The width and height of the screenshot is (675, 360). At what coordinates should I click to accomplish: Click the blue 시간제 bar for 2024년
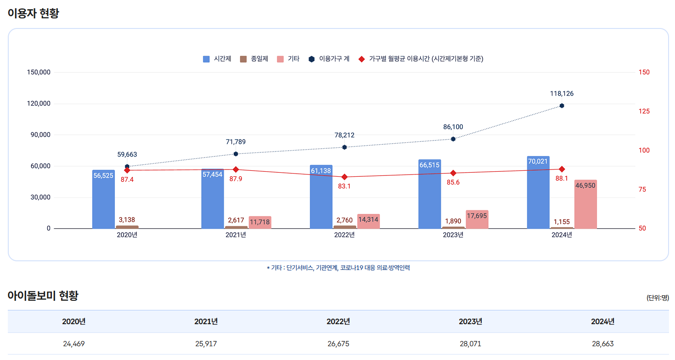[538, 193]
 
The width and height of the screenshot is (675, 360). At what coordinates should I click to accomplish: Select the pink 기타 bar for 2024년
[585, 204]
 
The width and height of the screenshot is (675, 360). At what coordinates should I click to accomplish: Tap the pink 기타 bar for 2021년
[260, 223]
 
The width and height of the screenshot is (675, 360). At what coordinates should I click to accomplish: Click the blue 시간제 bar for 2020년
[103, 200]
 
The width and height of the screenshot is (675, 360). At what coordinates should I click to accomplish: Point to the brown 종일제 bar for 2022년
[345, 227]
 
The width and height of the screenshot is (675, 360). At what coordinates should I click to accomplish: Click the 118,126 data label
[562, 94]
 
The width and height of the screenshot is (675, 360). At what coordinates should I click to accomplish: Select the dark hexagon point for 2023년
[453, 139]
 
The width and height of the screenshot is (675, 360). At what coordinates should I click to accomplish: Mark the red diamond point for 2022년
[344, 177]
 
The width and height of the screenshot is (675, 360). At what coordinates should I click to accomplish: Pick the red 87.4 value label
[127, 180]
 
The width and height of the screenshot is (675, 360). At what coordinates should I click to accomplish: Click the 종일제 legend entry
[254, 59]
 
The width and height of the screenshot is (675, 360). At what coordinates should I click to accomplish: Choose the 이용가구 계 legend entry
[329, 59]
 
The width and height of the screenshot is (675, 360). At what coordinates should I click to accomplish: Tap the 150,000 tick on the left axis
[39, 72]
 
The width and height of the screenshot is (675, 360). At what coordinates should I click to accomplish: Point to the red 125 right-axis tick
[644, 112]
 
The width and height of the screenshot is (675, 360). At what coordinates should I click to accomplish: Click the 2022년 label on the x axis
[344, 235]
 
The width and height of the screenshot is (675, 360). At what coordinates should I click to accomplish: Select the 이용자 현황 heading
[33, 13]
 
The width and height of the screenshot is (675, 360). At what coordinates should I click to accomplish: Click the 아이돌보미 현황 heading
[43, 296]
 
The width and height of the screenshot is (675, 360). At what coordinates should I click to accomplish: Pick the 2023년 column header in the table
[470, 321]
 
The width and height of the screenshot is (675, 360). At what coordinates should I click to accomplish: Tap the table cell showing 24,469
[74, 343]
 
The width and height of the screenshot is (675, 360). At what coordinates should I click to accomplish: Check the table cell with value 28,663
[602, 343]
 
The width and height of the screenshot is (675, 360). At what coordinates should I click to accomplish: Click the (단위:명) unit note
[658, 298]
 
